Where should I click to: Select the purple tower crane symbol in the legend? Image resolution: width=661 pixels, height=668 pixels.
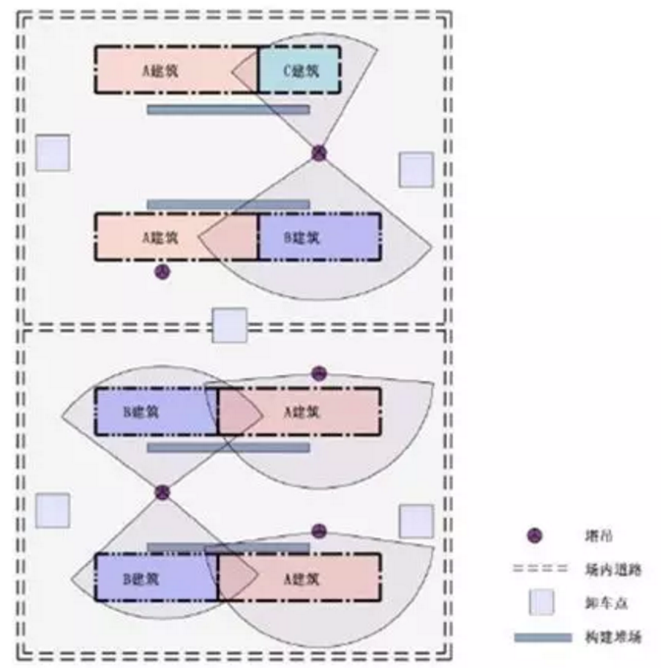tap(534, 536)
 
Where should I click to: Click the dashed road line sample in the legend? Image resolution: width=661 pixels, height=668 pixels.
tap(540, 569)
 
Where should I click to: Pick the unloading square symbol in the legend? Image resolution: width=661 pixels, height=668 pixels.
tap(541, 601)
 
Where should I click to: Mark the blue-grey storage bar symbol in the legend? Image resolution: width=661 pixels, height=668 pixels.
tap(542, 638)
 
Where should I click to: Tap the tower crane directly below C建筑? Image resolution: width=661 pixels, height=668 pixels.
tap(319, 153)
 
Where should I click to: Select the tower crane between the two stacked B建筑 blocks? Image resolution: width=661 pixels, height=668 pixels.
tap(163, 492)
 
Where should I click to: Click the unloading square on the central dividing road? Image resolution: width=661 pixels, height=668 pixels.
tap(230, 325)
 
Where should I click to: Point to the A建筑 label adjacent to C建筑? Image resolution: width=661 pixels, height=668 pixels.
tap(160, 71)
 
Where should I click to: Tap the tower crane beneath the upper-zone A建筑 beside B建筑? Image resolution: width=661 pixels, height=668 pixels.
tap(163, 271)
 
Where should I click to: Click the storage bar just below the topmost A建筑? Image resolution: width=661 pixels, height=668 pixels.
tap(228, 109)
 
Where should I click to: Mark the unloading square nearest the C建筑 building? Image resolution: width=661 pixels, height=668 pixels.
tap(415, 170)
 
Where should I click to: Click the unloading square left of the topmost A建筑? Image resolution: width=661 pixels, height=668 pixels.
tap(52, 153)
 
